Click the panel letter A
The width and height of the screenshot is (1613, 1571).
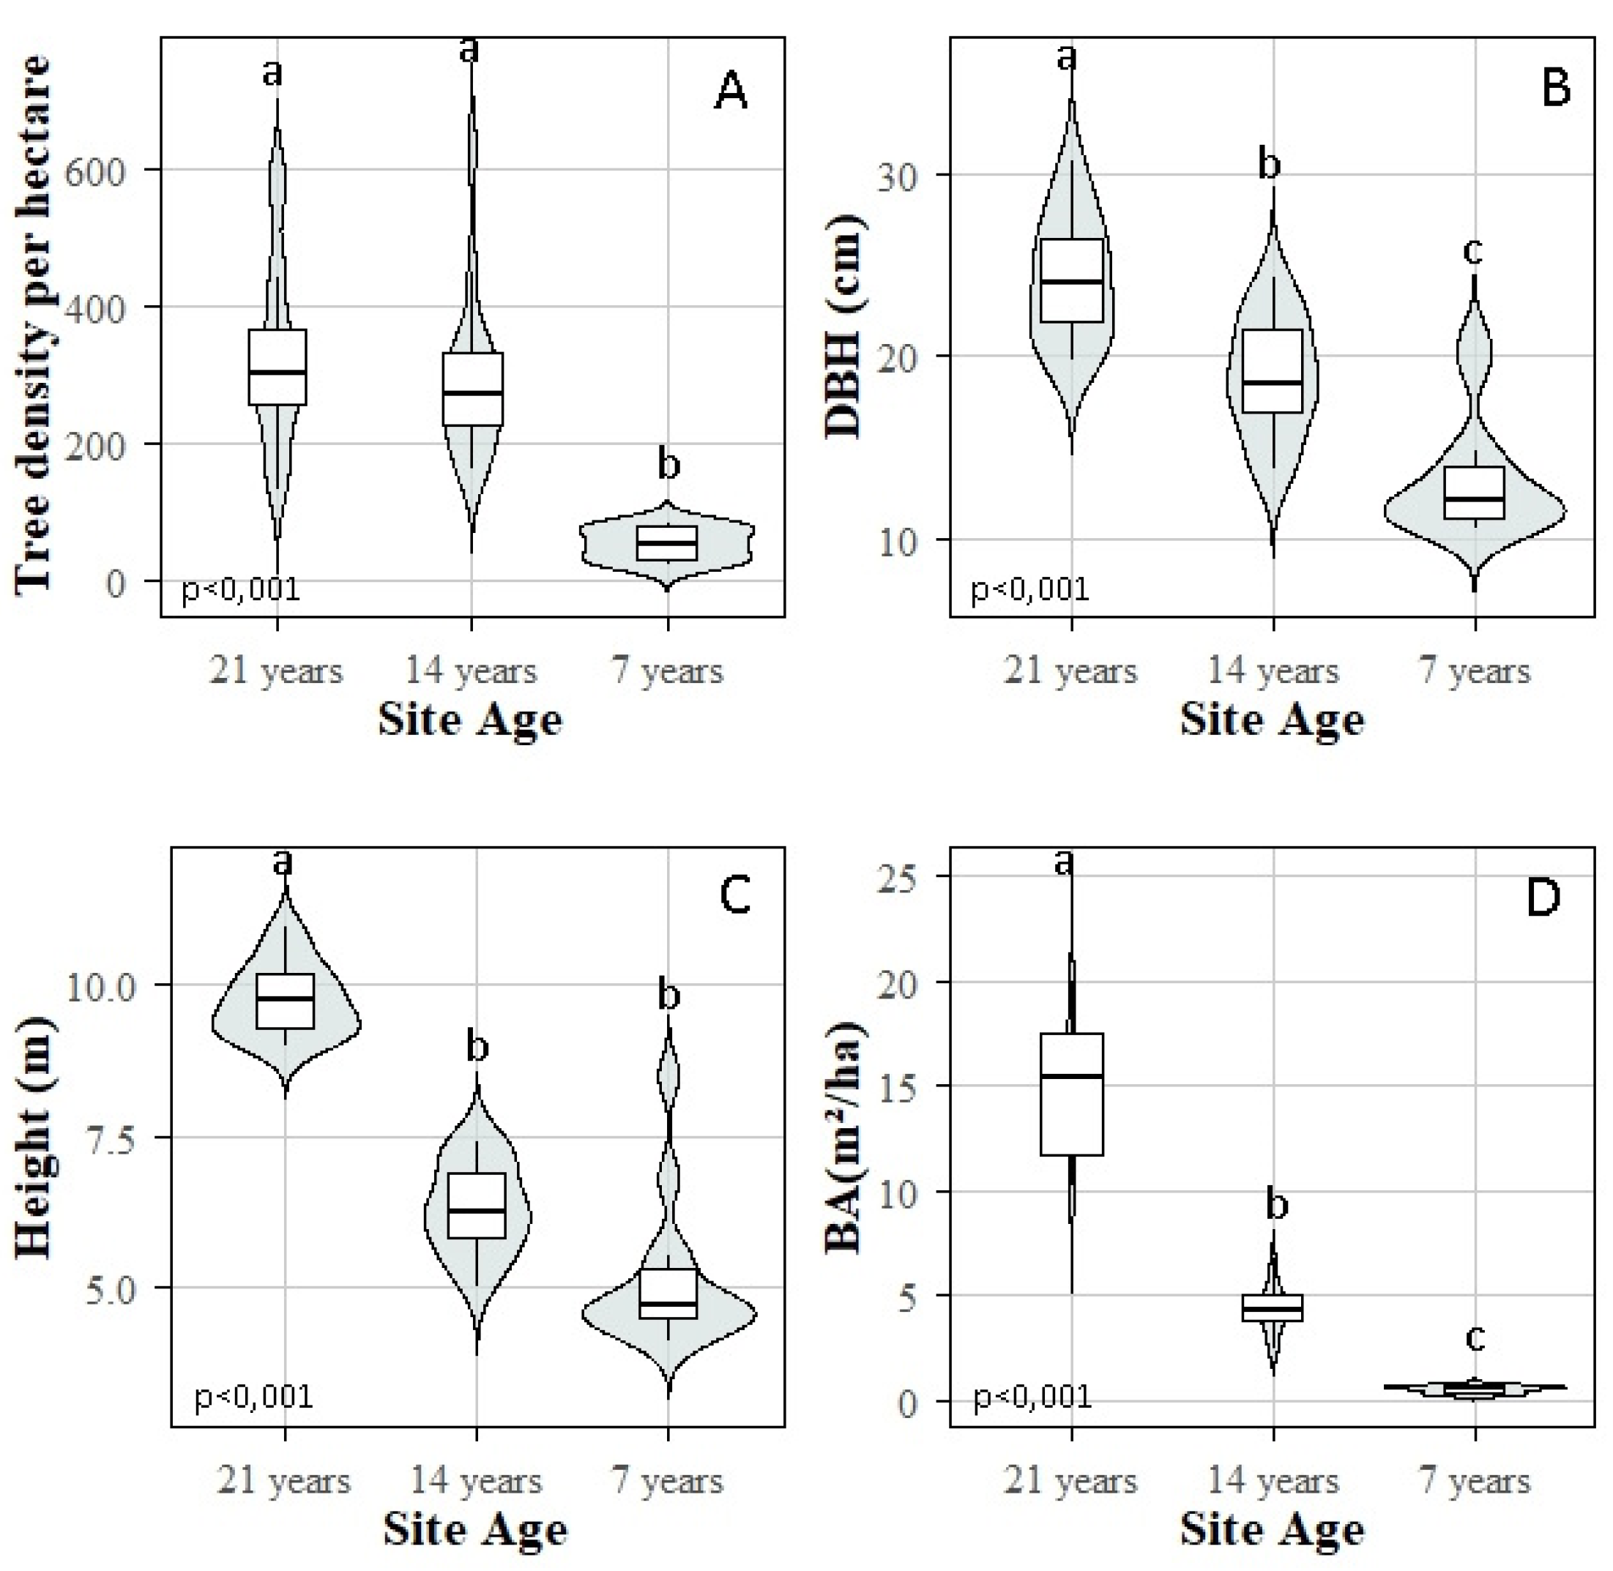[730, 92]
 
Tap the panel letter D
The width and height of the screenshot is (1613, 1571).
[1543, 898]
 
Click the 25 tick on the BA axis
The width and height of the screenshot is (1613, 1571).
[903, 876]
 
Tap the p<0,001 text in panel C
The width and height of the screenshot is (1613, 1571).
[253, 1396]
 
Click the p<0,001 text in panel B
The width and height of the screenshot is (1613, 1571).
[1029, 589]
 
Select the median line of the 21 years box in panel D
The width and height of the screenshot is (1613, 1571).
[1071, 1076]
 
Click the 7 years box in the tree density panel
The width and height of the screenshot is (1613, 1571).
[666, 543]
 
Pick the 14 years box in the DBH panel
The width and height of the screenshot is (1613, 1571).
[1273, 370]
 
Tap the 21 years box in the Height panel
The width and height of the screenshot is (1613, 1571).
[285, 1001]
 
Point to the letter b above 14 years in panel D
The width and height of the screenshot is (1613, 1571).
[1276, 1206]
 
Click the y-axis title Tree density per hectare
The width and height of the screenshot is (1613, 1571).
[33, 322]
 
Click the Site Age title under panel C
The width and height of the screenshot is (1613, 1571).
[475, 1531]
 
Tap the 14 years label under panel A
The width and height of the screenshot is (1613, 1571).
[470, 670]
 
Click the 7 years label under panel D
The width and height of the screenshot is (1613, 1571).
[1474, 1481]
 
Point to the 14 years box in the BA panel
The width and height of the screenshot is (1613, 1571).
[1273, 1307]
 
